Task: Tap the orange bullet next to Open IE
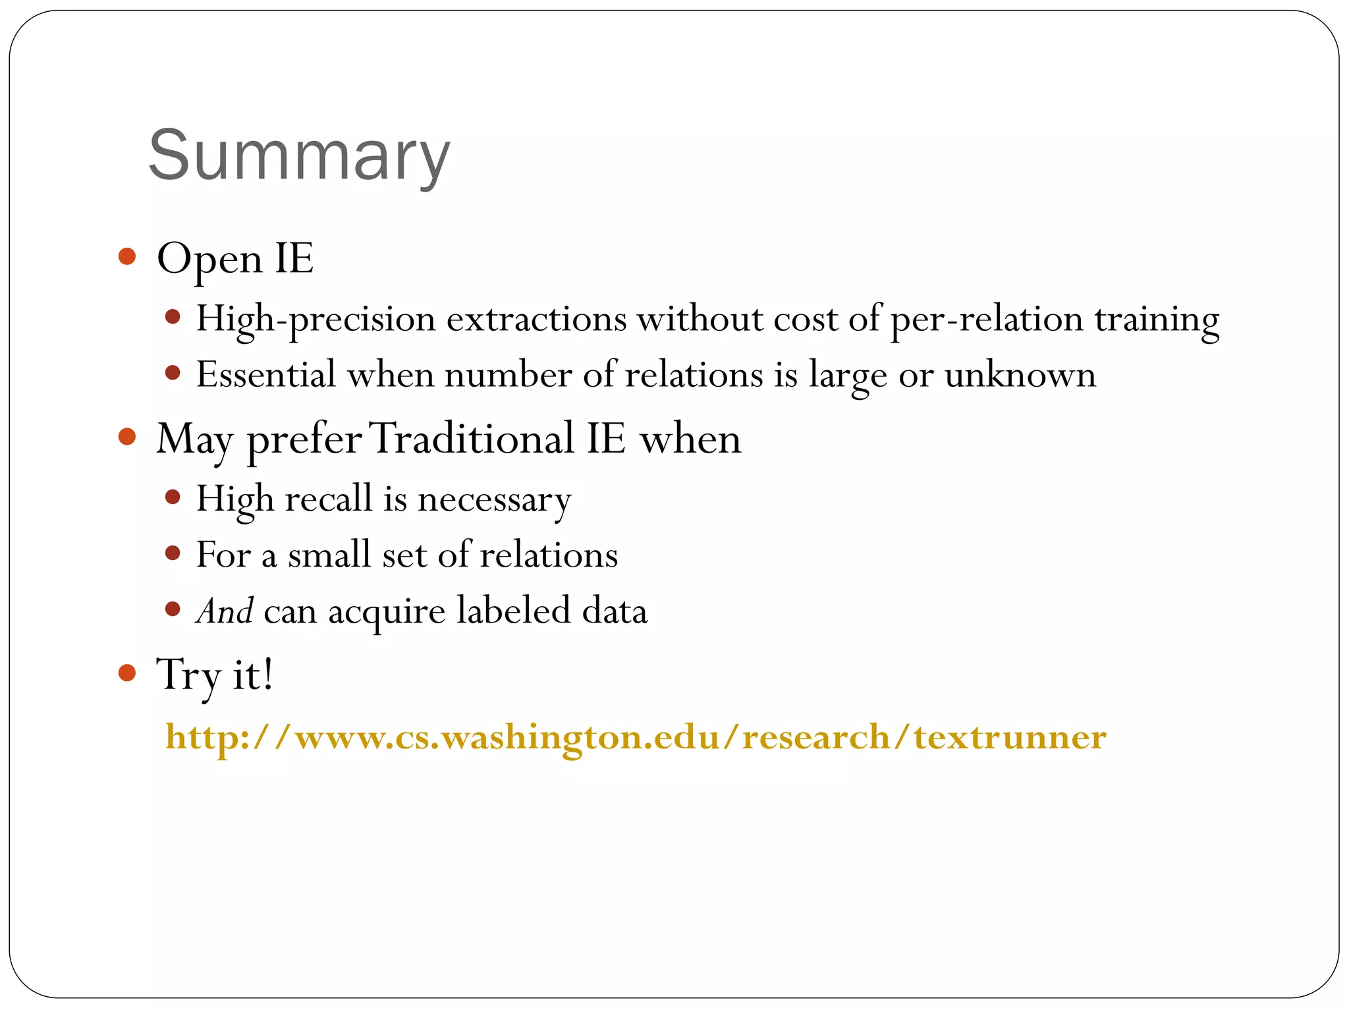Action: coord(127,256)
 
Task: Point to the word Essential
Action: coord(266,374)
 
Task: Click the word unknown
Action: coord(1020,376)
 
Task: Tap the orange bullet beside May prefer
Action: coord(127,436)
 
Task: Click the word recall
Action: coord(329,498)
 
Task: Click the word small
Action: coord(329,555)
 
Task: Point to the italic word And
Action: coord(225,611)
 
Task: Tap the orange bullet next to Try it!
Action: coord(127,673)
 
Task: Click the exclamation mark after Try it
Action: coord(266,675)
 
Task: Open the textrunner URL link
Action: coord(635,737)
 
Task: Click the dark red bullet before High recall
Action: coord(173,497)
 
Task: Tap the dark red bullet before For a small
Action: coord(173,553)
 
